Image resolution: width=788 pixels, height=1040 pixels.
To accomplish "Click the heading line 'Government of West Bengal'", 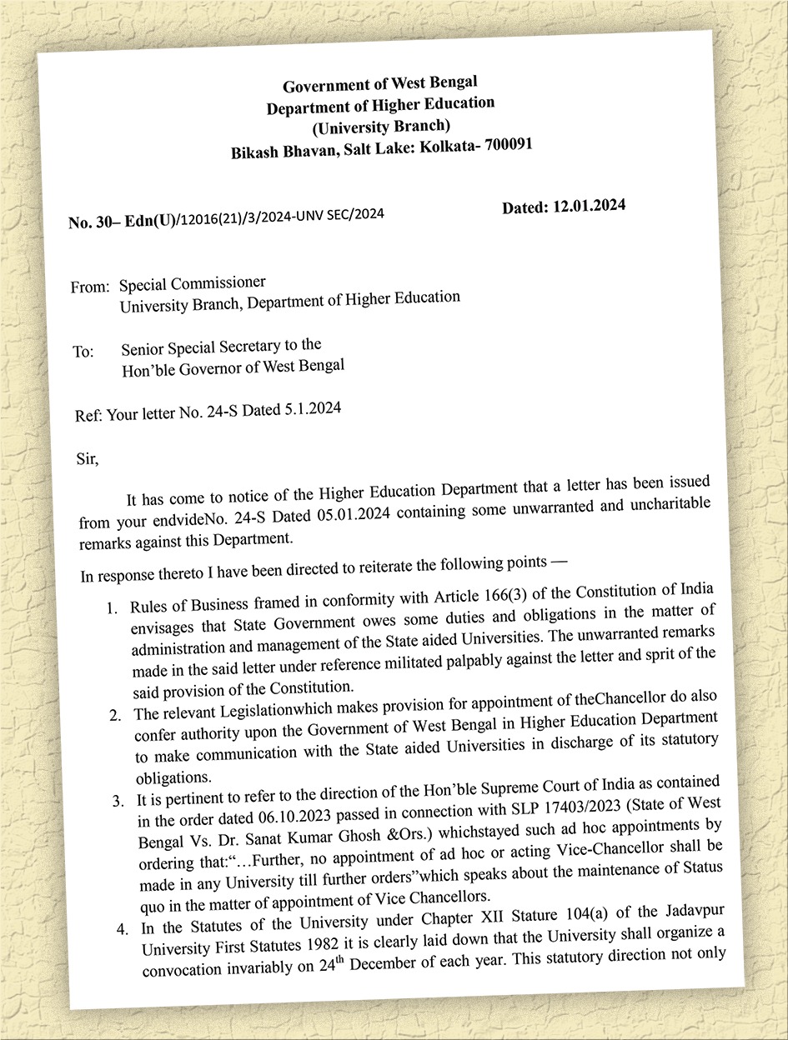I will pyautogui.click(x=379, y=85).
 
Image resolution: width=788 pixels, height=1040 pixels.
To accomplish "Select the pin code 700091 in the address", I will pyautogui.click(x=503, y=145).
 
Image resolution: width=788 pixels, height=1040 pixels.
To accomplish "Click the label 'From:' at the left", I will pyautogui.click(x=90, y=287).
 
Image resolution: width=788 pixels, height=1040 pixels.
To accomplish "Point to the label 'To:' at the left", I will pyautogui.click(x=83, y=352).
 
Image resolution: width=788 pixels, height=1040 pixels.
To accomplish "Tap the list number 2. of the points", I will pyautogui.click(x=116, y=714).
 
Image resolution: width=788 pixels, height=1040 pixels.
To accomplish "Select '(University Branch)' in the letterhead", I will pyautogui.click(x=381, y=127).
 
